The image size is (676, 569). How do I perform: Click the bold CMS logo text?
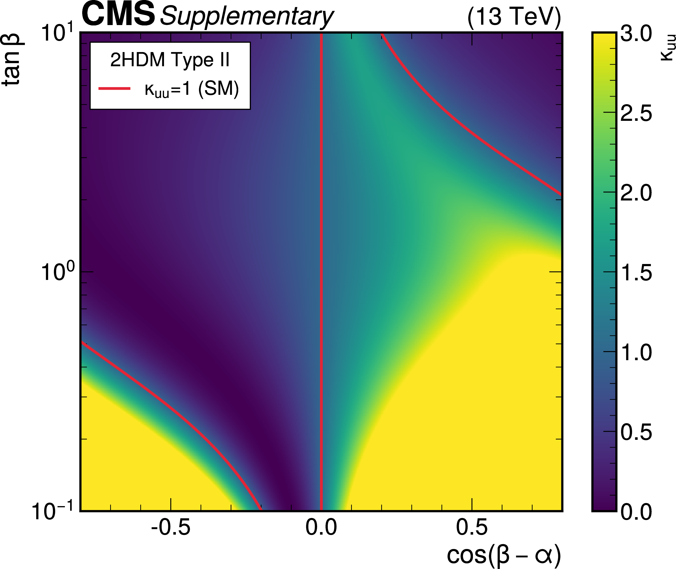118,15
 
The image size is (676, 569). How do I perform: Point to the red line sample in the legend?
115,88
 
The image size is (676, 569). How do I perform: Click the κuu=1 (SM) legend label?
192,89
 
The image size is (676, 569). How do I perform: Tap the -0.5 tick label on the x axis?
171,528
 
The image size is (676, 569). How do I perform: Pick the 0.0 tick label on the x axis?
321,528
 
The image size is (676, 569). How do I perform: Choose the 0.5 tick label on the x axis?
472,528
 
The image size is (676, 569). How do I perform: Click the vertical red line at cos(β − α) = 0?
321,226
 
